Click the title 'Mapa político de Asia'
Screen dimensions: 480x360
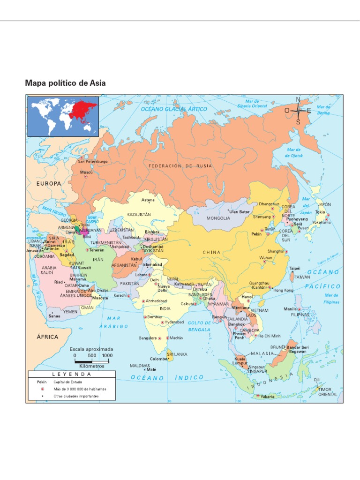point(65,83)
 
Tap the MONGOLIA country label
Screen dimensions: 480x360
point(219,218)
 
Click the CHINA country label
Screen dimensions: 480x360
point(211,252)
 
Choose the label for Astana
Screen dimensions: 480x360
point(148,200)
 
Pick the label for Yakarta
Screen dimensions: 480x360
point(268,397)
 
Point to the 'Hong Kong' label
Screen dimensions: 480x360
point(283,291)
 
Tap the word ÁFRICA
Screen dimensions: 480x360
point(47,337)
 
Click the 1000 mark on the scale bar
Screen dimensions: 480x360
point(107,355)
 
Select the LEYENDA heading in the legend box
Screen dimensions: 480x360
point(72,375)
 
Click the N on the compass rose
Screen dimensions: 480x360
point(298,99)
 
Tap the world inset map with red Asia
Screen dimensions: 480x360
point(63,116)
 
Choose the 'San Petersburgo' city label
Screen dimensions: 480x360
point(93,161)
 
